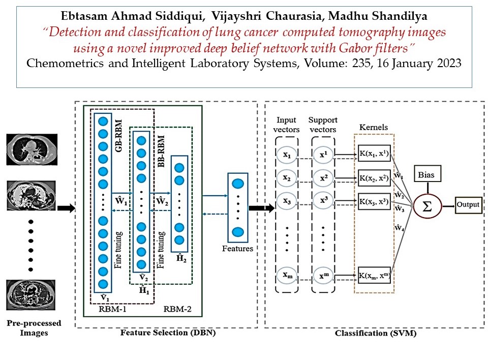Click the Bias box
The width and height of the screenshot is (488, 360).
(x=428, y=174)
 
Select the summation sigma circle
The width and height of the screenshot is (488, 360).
(x=428, y=206)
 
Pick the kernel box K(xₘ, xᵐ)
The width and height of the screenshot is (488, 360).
(x=374, y=275)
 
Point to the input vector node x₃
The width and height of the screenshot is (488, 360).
(x=287, y=201)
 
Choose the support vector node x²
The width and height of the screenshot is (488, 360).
(x=324, y=178)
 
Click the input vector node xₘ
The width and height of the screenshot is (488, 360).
(x=287, y=275)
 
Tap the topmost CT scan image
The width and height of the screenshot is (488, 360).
(x=32, y=149)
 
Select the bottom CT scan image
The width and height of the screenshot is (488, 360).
(x=31, y=295)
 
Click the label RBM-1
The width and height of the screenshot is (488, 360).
(x=112, y=309)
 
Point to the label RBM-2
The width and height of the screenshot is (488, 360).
(x=177, y=309)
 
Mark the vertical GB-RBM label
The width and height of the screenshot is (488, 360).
(x=118, y=136)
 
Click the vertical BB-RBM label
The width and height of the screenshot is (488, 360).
(x=161, y=152)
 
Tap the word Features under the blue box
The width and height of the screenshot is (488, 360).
(x=237, y=249)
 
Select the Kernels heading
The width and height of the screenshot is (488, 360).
(x=374, y=127)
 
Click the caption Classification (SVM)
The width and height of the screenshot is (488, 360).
(x=376, y=333)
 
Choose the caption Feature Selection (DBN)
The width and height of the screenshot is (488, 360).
(x=168, y=333)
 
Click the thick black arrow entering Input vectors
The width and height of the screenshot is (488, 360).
(x=262, y=208)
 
